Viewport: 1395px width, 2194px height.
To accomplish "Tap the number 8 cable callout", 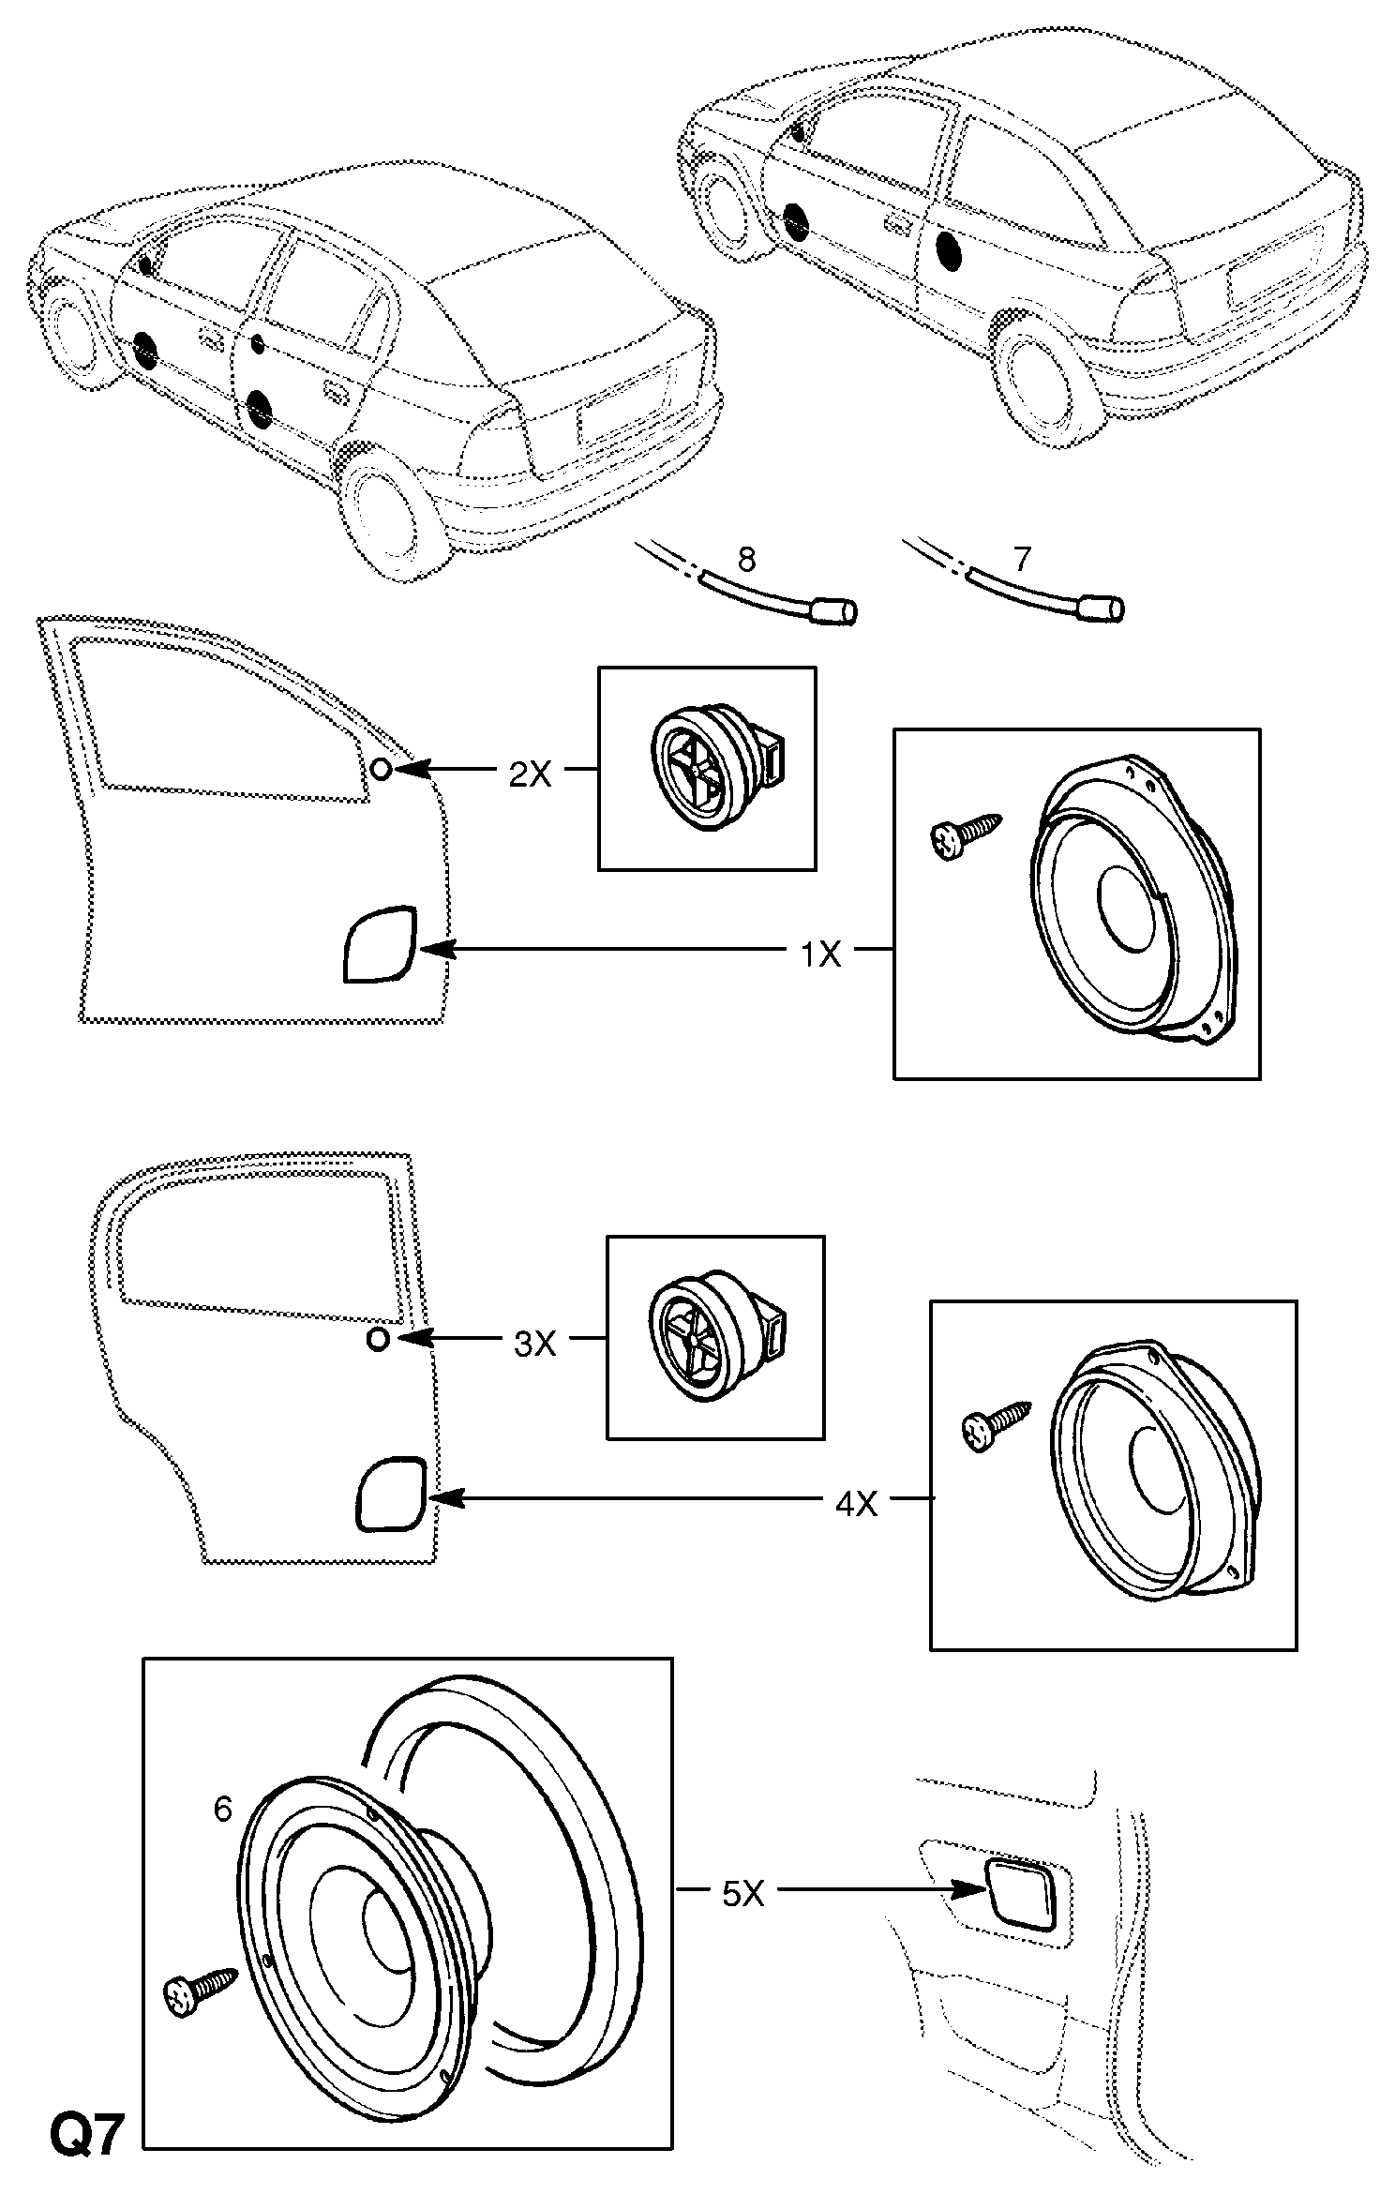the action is tap(746, 560).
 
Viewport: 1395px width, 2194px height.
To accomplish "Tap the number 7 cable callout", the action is tap(1022, 560).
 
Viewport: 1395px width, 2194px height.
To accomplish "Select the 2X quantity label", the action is tap(530, 774).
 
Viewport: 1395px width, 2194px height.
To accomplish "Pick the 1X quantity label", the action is tap(820, 954).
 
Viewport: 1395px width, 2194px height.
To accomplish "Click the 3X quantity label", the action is tap(535, 1344).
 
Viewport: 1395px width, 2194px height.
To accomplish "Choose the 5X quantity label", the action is tap(743, 1895).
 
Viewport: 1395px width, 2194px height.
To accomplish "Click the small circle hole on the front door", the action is tap(382, 770).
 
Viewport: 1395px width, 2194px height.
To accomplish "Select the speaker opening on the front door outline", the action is tap(381, 944).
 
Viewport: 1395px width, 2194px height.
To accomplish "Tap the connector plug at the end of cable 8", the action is tap(834, 612).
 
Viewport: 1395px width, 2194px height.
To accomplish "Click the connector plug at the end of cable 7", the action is tap(1102, 609).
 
